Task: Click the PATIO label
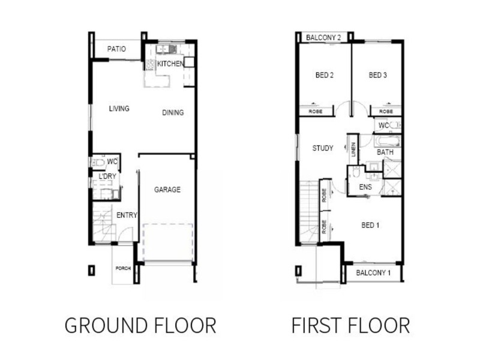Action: pos(116,49)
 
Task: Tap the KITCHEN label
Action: pos(170,64)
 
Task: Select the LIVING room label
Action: pos(119,109)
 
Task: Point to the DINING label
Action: pos(173,112)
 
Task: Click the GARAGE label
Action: pos(167,190)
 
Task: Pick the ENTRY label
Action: pos(127,215)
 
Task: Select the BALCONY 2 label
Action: pos(323,38)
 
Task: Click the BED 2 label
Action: pos(325,76)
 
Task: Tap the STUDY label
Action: pos(323,148)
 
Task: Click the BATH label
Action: pos(385,152)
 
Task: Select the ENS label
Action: pos(365,187)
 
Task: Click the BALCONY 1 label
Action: pos(374,273)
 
